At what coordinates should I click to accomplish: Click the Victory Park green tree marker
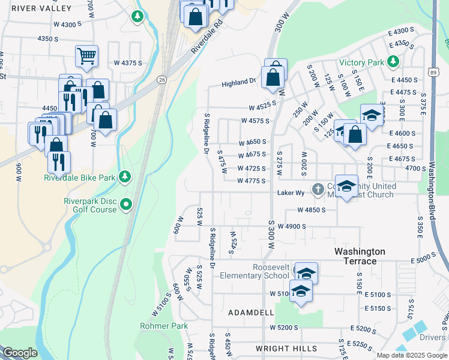coord(393,61)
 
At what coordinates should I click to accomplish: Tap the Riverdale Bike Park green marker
coord(125,176)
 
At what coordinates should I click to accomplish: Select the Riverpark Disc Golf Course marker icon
coord(126,205)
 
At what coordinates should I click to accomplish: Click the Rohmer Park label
coord(164,326)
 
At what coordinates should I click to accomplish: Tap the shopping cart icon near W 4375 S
coord(86,56)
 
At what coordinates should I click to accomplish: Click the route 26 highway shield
coord(162,79)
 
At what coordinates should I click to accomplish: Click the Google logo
coord(20,353)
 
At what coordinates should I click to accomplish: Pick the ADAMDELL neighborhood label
coord(251,313)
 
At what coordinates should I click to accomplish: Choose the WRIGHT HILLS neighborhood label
coord(286,348)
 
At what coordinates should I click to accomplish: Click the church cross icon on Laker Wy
coord(318,190)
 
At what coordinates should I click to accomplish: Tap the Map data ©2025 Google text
coord(411,355)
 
